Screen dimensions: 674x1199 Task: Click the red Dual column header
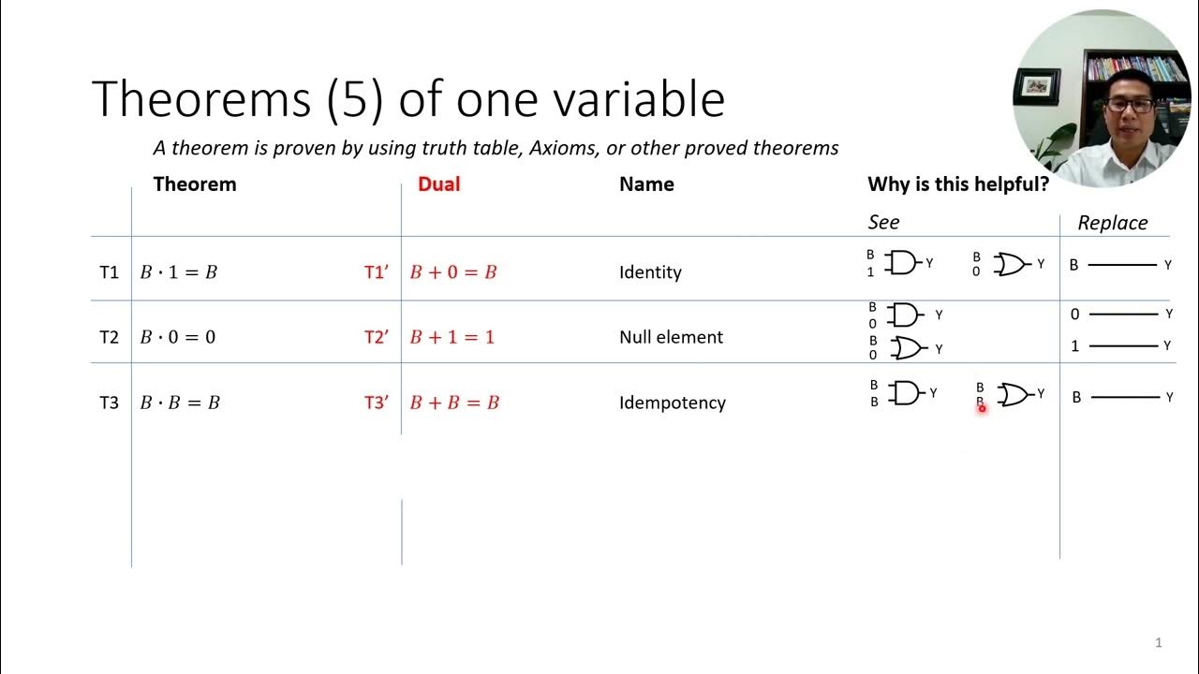point(438,184)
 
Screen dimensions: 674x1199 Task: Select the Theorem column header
point(195,184)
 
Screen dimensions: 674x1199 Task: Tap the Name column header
point(646,184)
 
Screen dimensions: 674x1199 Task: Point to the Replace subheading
point(1112,223)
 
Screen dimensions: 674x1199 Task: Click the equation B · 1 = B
point(178,272)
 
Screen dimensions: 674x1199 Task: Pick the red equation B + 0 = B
point(453,272)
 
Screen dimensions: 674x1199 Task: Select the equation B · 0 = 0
point(178,337)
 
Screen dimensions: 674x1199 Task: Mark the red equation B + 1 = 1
point(452,337)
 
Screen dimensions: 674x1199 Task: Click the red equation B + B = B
point(454,403)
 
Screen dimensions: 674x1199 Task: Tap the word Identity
point(650,272)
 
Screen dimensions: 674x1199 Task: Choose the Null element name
point(671,337)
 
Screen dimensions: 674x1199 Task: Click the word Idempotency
point(673,403)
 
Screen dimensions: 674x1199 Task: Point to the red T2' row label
point(377,337)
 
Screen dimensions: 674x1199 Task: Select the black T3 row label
point(110,403)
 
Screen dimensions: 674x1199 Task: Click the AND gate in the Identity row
point(904,263)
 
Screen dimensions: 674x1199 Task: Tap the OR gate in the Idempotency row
point(1014,395)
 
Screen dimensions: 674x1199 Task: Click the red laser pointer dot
point(982,408)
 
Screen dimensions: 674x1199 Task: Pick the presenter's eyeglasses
point(1129,105)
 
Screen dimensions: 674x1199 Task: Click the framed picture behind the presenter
point(1037,87)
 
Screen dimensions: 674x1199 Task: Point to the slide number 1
point(1159,642)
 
